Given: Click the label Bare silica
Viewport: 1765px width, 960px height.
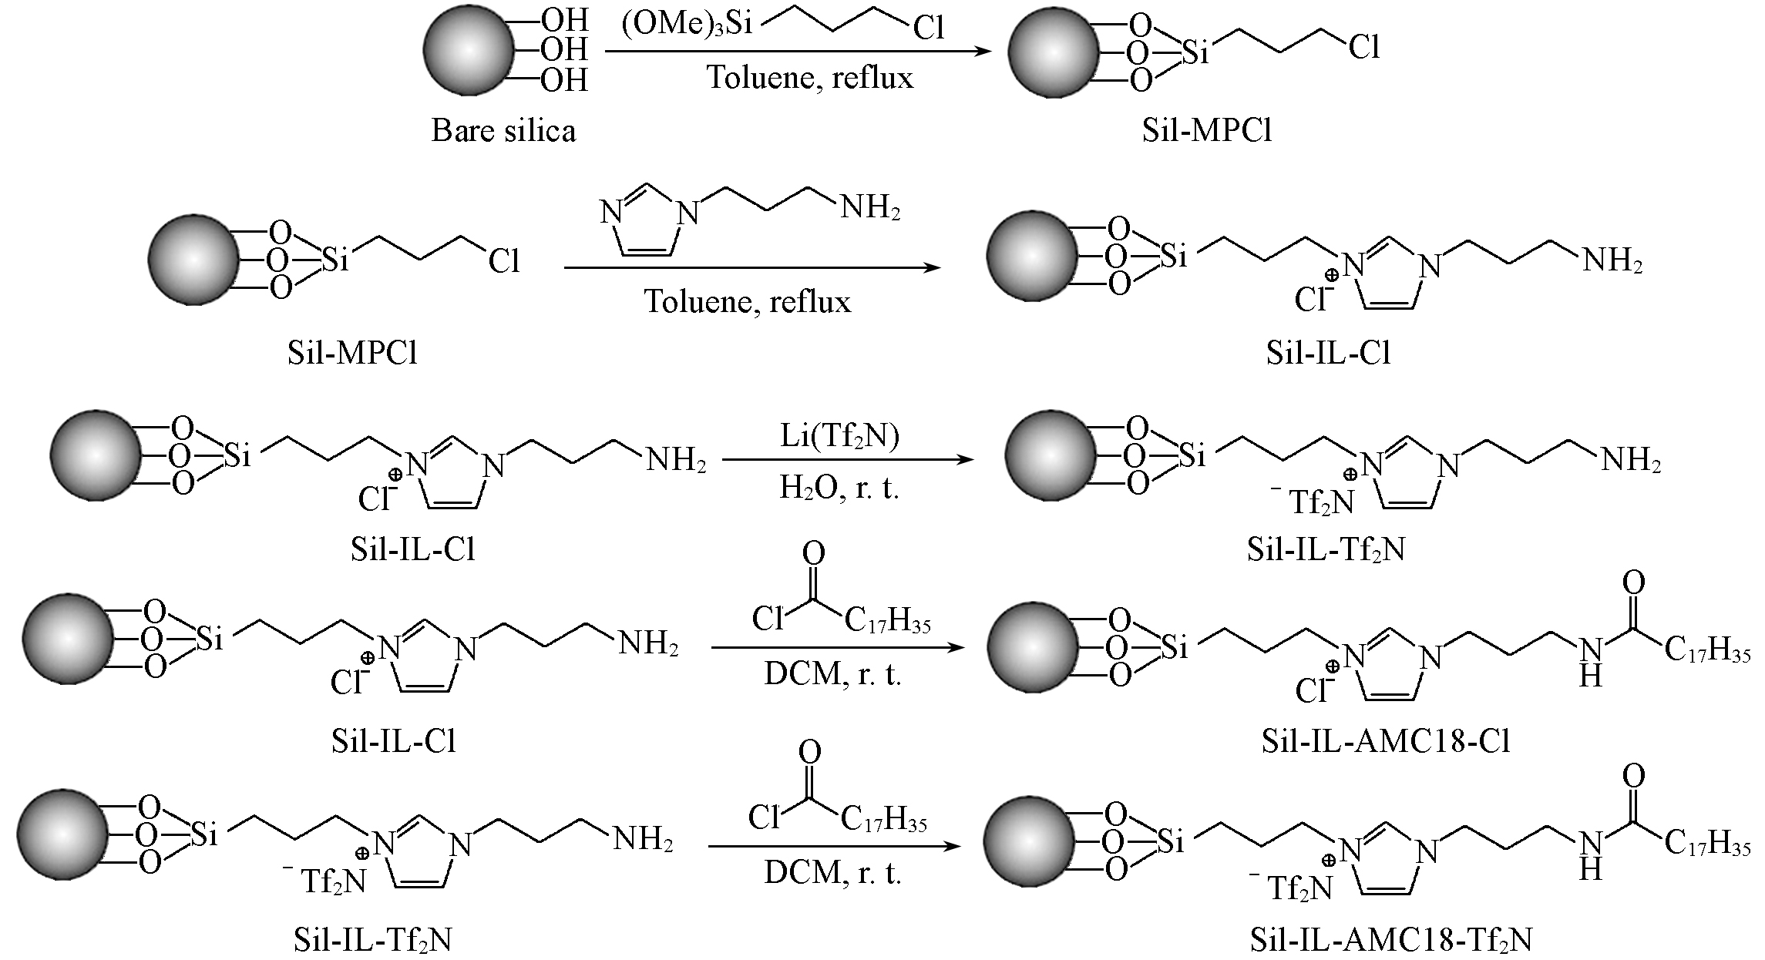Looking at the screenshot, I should tap(503, 130).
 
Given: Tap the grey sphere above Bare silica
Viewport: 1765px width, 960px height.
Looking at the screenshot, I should tap(469, 49).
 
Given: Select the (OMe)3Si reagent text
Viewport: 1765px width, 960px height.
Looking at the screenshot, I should tap(687, 24).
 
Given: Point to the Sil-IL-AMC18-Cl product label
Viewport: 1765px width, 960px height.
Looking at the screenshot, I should tap(1385, 740).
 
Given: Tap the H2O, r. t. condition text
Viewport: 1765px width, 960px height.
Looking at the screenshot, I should tap(839, 488).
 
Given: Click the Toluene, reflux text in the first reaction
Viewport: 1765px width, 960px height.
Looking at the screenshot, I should tap(810, 78).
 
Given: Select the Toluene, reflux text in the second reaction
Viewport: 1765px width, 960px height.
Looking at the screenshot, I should tap(748, 301).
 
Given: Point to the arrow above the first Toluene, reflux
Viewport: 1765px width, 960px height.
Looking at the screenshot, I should tap(798, 52).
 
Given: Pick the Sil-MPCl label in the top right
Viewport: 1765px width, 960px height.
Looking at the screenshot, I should tap(1207, 130).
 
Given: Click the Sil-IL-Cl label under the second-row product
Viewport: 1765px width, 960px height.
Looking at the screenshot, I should tap(1327, 353).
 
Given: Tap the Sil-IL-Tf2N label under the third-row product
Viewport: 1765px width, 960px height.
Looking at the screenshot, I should tap(1326, 550).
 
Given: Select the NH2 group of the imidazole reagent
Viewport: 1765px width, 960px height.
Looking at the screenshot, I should tap(869, 208).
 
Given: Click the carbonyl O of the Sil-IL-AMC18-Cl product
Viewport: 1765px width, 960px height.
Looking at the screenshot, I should tap(1632, 583).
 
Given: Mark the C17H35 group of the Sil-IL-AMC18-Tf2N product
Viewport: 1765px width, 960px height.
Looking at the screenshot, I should tap(1706, 844).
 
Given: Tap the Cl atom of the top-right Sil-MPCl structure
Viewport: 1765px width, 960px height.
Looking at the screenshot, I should tap(1363, 49).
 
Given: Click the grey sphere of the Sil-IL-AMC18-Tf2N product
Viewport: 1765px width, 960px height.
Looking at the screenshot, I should tap(1030, 841).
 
